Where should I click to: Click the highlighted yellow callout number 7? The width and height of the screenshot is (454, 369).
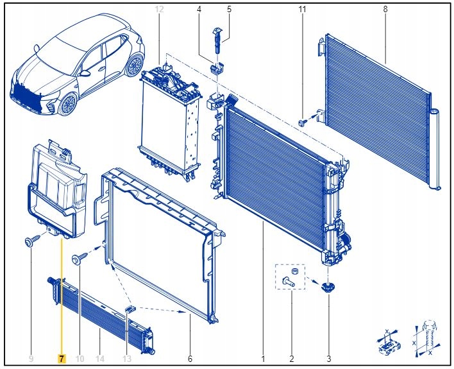(62, 359)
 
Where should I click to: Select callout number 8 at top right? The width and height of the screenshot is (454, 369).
(385, 9)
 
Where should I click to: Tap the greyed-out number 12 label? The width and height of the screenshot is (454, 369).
(159, 9)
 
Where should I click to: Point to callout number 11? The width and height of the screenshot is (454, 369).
(302, 9)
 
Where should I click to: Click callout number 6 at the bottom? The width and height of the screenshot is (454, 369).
(190, 359)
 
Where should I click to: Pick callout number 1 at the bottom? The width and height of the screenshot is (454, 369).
(263, 359)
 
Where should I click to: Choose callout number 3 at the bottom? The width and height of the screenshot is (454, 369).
(328, 359)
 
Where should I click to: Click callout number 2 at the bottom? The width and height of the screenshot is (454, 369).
(292, 359)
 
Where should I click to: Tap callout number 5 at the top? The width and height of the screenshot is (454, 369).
(229, 9)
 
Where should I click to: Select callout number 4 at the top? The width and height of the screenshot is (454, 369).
(199, 9)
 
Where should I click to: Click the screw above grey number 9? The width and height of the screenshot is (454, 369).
(32, 241)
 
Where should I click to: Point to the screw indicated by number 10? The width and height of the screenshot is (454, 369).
(80, 258)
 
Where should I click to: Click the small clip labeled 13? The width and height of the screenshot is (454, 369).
(130, 309)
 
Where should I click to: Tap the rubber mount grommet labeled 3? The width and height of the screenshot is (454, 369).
(328, 287)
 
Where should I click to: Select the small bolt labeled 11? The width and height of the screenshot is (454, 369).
(303, 123)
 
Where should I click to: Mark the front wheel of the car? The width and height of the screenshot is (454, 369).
(69, 105)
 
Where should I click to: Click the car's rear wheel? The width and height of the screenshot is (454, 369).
(135, 65)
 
